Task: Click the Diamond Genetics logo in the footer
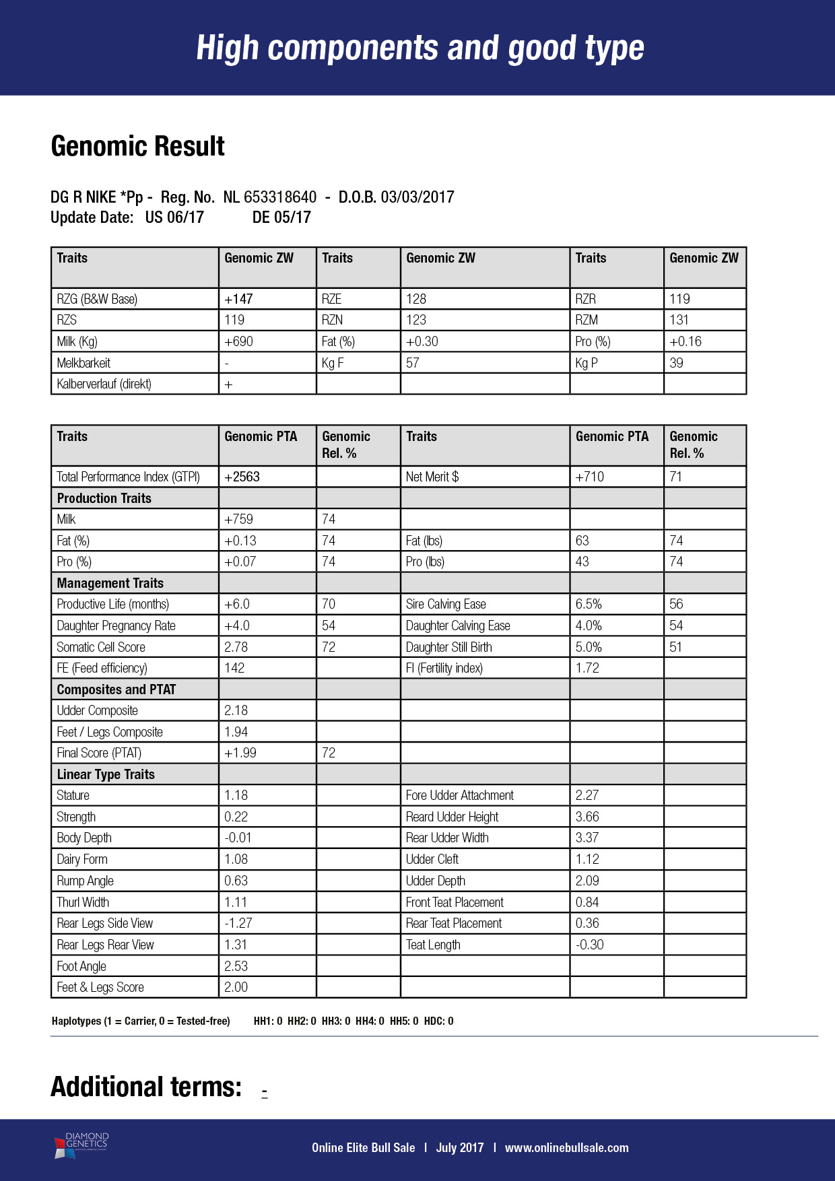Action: click(x=81, y=1145)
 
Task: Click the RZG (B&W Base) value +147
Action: click(x=238, y=299)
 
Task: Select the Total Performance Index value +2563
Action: click(x=242, y=477)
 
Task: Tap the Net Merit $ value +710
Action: click(x=589, y=477)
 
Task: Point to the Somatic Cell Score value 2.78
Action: click(x=236, y=647)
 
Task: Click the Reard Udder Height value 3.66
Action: click(x=587, y=817)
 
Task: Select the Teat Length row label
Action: click(x=433, y=945)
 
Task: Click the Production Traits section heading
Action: click(x=104, y=498)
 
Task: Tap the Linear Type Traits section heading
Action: click(x=106, y=774)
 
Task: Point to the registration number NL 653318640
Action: click(x=269, y=197)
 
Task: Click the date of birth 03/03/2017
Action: click(x=417, y=197)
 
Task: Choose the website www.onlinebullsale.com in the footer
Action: click(x=566, y=1147)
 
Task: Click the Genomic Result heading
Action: click(x=137, y=146)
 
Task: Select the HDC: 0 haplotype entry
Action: click(x=438, y=1021)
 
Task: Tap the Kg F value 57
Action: click(x=412, y=363)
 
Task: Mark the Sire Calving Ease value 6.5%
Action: click(x=589, y=604)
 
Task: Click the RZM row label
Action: click(x=586, y=320)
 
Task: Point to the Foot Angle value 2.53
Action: click(x=236, y=966)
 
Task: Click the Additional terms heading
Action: click(x=146, y=1087)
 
